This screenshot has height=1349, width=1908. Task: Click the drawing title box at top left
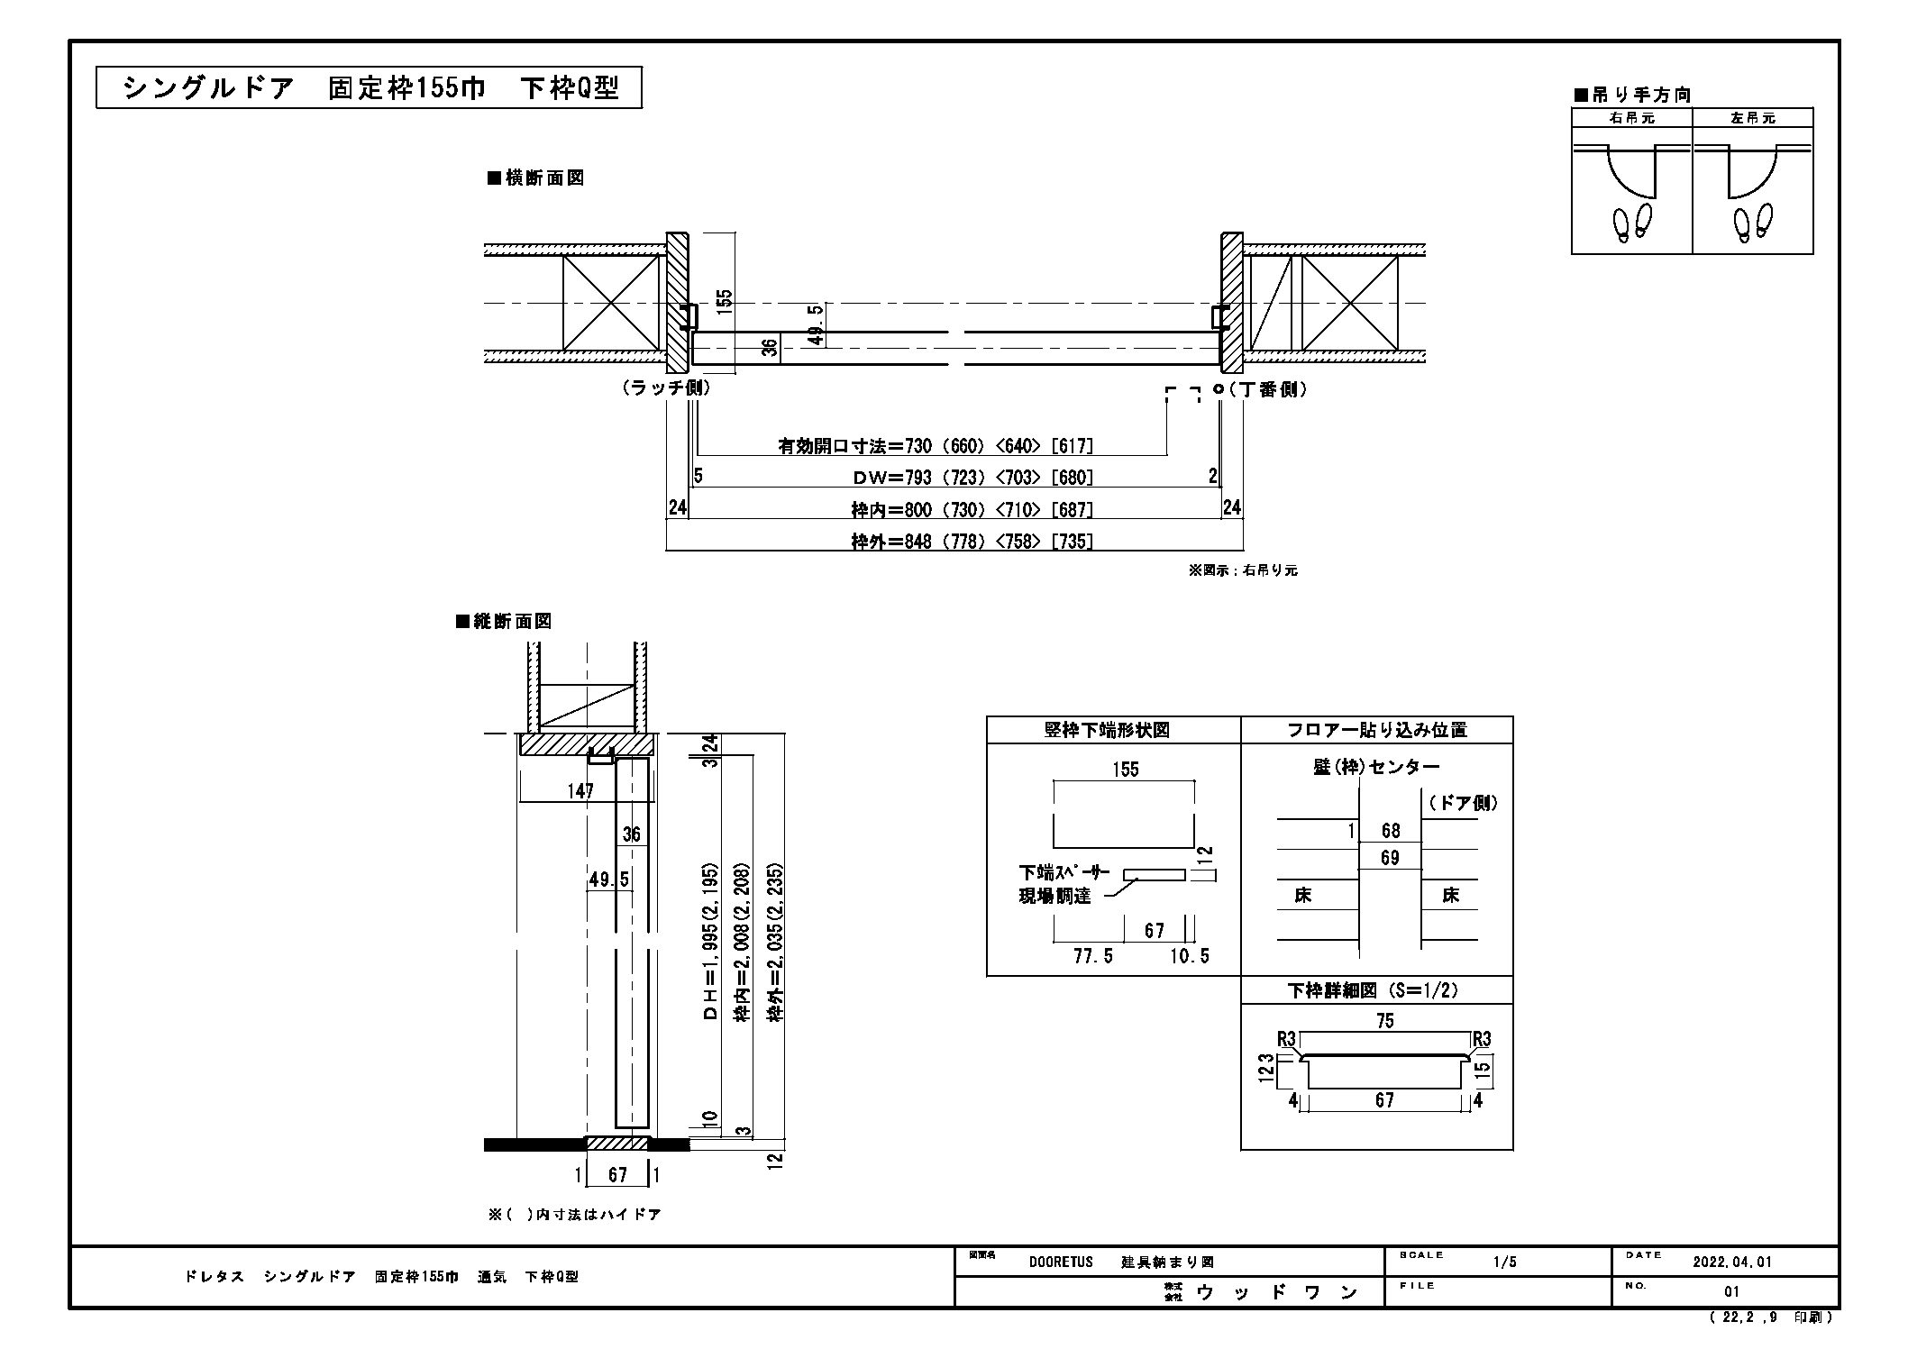[x=369, y=88]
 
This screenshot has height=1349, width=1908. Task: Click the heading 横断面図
[x=536, y=178]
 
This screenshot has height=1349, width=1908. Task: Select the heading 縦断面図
[x=504, y=622]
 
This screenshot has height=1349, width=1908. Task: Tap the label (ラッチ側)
[x=666, y=387]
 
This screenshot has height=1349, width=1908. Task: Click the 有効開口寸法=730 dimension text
[x=936, y=446]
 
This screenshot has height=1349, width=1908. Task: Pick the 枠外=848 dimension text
[x=972, y=542]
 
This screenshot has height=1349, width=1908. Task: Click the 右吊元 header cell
[x=1632, y=118]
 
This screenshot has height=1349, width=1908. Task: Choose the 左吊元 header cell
[x=1753, y=118]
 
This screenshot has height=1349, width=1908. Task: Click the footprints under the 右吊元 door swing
[x=1633, y=223]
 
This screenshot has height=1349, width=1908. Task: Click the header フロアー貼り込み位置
[x=1377, y=731]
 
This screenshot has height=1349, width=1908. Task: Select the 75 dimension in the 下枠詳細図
[x=1385, y=1021]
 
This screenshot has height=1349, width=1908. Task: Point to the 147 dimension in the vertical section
[x=580, y=791]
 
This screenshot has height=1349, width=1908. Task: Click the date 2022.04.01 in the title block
[x=1732, y=1262]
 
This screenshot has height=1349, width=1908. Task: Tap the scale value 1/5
[x=1505, y=1262]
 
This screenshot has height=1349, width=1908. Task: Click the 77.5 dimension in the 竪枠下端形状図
[x=1093, y=956]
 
